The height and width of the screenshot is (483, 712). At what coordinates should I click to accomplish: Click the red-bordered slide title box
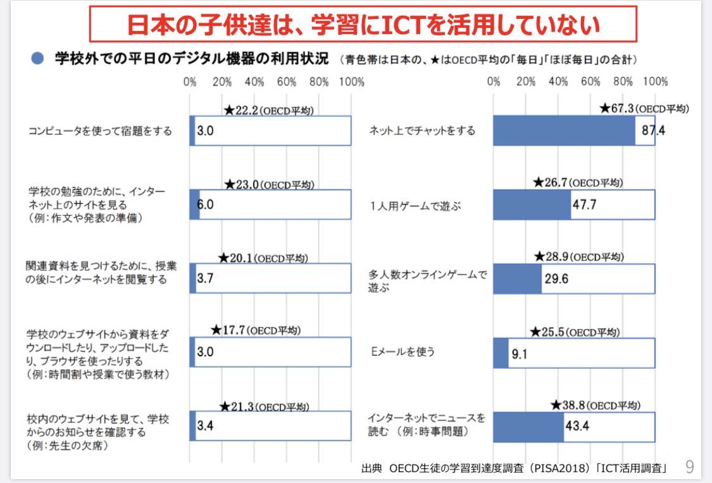coord(363,24)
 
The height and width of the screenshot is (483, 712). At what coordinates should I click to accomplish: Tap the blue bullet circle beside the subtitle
coord(37,59)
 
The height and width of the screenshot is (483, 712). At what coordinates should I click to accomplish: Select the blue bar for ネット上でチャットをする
coord(564,131)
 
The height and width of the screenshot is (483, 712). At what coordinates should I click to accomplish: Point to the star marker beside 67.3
coord(604,109)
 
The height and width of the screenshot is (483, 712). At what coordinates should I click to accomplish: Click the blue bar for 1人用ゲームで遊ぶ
coord(532,204)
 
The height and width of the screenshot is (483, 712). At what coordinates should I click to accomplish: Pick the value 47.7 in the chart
coord(584,204)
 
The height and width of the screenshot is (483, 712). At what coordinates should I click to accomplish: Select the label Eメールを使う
coord(403,351)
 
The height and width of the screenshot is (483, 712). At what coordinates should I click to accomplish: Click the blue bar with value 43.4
coord(528,426)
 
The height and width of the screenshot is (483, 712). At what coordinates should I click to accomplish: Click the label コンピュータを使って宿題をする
coord(100,131)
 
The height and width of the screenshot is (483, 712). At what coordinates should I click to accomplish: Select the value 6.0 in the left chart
coord(206,204)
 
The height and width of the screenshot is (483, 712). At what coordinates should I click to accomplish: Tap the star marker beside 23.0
coord(229,184)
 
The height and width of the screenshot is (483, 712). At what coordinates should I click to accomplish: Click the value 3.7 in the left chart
coord(205,278)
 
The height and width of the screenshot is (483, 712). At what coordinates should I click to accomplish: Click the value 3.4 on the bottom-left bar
coord(205,425)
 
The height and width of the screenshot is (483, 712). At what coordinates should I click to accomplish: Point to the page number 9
coord(689,467)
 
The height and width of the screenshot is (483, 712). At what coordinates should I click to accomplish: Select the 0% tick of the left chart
coord(189,82)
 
